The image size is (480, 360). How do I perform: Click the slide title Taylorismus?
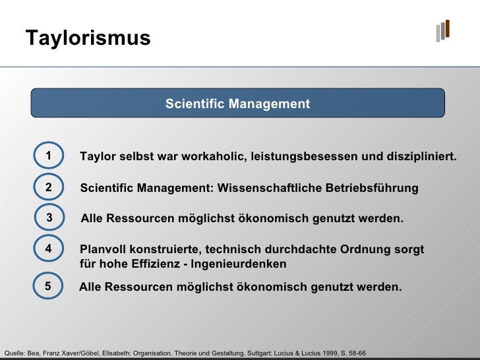tap(88, 38)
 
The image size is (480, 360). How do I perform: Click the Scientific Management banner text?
tap(237, 104)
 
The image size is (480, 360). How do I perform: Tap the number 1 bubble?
tap(49, 156)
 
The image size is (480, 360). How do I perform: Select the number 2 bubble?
tap(49, 188)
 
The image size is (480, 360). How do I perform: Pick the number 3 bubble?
tap(49, 218)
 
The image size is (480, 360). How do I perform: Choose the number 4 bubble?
tap(49, 249)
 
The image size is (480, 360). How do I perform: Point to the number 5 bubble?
tap(49, 287)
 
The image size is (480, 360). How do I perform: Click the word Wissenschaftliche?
tap(269, 189)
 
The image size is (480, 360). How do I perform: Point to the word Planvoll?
tap(103, 250)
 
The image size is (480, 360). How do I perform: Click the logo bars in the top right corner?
tap(442, 30)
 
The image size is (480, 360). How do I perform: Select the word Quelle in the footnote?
tap(14, 353)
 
